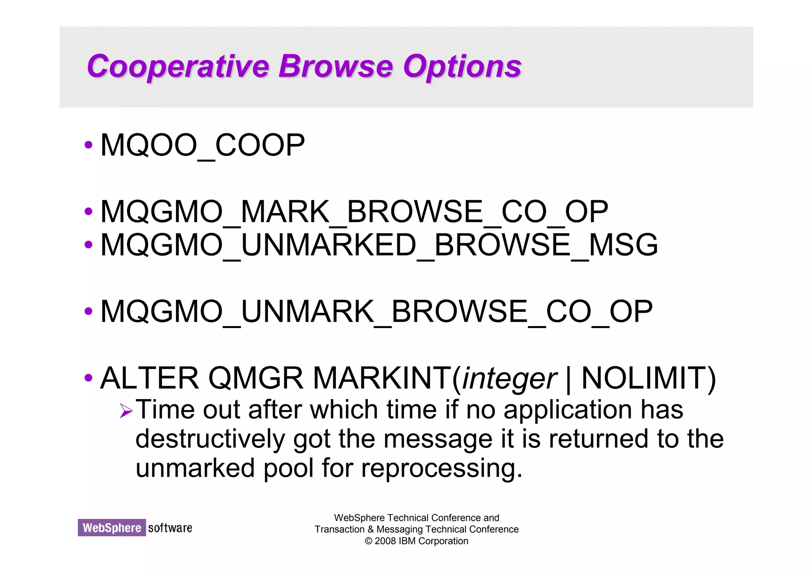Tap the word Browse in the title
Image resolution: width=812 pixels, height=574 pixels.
point(335,67)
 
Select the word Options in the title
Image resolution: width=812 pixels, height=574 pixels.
point(462,67)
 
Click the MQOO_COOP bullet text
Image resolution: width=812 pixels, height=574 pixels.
point(203,146)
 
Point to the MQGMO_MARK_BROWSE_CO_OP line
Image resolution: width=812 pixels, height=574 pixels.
point(354,212)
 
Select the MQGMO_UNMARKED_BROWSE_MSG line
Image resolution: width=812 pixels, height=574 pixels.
point(379,245)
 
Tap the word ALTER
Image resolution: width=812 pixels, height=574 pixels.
point(149,378)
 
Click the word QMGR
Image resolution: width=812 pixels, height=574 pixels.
point(256,378)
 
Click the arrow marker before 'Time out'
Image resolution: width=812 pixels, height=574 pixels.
point(126,411)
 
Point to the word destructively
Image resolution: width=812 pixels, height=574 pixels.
point(210,440)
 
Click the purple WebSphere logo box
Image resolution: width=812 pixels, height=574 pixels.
point(112,528)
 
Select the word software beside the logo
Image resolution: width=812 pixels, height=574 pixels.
point(170,528)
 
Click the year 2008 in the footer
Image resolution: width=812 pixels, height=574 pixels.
point(385,541)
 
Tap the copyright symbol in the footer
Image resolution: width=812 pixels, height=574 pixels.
point(368,541)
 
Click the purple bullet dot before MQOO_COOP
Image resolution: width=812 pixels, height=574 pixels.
point(88,145)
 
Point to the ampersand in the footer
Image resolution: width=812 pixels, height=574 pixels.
point(370,530)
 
